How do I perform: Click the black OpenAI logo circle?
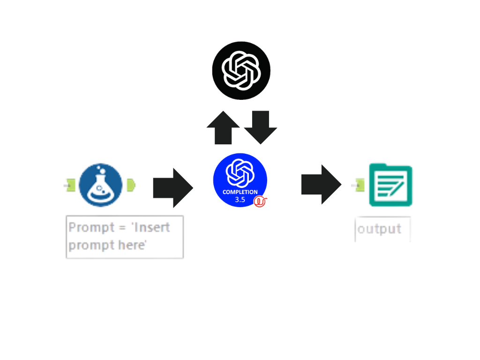(241, 71)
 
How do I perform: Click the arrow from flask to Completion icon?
(173, 187)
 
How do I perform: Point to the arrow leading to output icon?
(321, 184)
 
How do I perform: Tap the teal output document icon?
(390, 185)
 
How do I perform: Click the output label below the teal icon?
(379, 229)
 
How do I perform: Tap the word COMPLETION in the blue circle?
(240, 192)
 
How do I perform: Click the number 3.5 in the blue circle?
(240, 200)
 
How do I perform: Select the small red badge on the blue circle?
(260, 201)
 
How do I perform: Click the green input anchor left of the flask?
(69, 186)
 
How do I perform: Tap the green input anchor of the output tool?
(359, 185)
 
